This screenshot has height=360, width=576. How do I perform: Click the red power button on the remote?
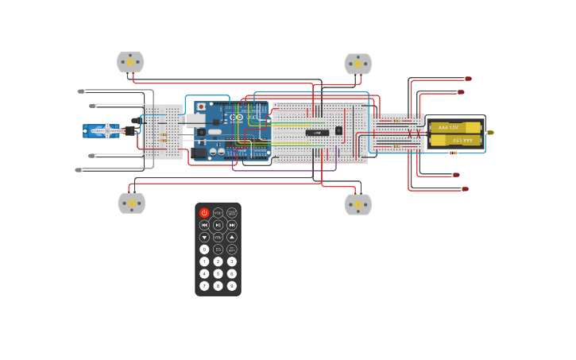click(x=204, y=213)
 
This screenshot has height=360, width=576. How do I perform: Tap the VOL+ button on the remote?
click(x=218, y=213)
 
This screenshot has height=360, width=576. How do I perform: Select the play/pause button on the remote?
click(x=218, y=225)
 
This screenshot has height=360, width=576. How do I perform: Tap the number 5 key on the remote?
click(x=218, y=273)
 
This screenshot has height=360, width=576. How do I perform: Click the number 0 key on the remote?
click(x=204, y=250)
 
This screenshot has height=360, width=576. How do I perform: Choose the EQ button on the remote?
click(x=218, y=250)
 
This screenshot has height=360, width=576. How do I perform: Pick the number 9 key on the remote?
click(x=232, y=285)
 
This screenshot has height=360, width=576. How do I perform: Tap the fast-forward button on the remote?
click(x=232, y=225)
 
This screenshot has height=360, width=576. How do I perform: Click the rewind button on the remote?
click(x=204, y=225)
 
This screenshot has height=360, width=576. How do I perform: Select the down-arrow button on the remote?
click(x=204, y=237)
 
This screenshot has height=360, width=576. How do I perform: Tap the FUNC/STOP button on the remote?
click(x=232, y=213)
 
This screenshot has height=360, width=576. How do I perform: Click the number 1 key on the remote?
click(x=204, y=261)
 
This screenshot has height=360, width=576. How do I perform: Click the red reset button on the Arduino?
click(x=201, y=106)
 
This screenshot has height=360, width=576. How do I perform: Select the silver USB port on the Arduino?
click(x=195, y=119)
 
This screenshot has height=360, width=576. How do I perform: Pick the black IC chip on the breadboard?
click(x=317, y=132)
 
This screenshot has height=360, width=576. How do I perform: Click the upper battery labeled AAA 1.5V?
click(x=455, y=127)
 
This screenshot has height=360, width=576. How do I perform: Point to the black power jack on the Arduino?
click(x=200, y=152)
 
